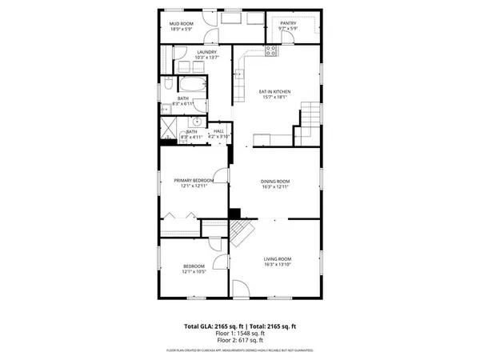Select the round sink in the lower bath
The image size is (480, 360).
pos(195,122)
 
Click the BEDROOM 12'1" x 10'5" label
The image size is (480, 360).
pos(194,268)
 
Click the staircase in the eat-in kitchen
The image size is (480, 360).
pos(309,120)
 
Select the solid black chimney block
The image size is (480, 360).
pos(234,213)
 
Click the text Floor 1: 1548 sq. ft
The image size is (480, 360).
pos(239,334)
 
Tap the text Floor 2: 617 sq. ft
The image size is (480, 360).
pos(239,341)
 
